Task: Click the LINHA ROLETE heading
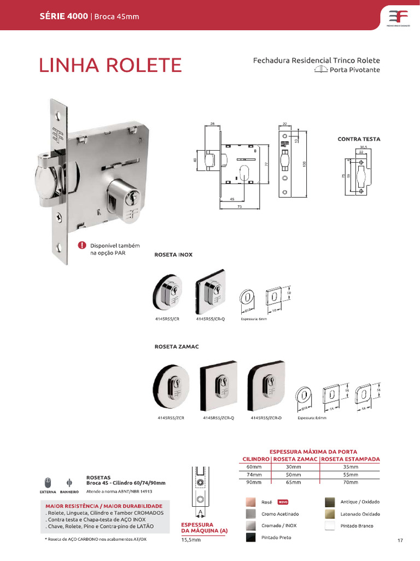click(110, 65)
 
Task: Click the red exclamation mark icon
click(81, 245)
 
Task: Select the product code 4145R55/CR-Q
click(210, 318)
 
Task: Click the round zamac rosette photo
click(172, 386)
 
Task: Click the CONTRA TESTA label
click(359, 139)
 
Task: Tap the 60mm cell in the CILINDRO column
click(254, 466)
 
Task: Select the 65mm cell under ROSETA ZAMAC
click(295, 482)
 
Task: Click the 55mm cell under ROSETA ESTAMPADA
click(350, 474)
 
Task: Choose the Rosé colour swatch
click(250, 502)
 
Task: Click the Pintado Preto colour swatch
click(250, 538)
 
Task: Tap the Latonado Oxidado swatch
click(330, 514)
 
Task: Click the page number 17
click(400, 541)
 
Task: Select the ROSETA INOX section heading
click(173, 255)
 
